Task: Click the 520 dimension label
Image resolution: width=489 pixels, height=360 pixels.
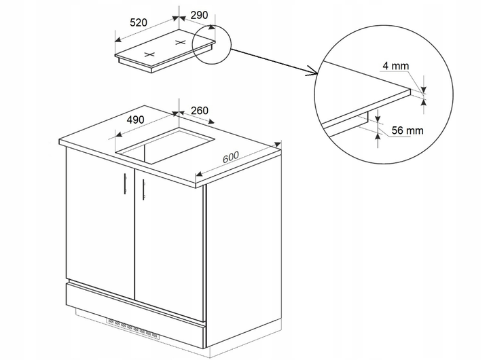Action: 139,23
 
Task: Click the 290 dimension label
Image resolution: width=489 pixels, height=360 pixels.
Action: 199,15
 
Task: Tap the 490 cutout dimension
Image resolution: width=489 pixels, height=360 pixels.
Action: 136,120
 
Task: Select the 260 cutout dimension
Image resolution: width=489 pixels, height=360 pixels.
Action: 200,111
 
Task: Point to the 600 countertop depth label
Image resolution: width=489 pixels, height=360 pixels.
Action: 231,157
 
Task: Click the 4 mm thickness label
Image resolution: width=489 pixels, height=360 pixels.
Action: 395,66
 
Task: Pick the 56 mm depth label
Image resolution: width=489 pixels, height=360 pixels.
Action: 407,130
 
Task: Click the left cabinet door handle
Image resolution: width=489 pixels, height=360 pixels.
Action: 125,184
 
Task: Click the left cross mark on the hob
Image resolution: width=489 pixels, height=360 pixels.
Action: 149,54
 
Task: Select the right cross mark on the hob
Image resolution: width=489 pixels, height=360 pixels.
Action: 181,42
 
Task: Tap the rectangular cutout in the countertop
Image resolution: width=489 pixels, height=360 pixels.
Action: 165,145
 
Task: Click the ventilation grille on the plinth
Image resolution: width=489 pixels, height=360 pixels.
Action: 133,328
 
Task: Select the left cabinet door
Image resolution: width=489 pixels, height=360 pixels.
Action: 101,223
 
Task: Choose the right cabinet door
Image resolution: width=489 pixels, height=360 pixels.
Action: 169,245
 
